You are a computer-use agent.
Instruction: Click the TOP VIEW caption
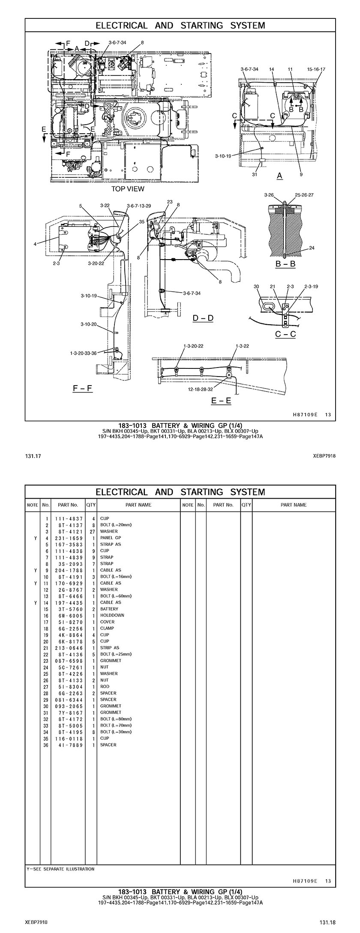[128, 188]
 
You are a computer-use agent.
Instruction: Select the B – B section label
[285, 264]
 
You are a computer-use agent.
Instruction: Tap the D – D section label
[203, 318]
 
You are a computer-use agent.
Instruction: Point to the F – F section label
[83, 388]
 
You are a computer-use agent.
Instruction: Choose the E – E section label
[221, 401]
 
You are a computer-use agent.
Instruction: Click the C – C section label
[285, 334]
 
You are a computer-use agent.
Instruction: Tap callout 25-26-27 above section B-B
[304, 195]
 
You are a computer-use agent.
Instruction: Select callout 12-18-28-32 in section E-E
[200, 389]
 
